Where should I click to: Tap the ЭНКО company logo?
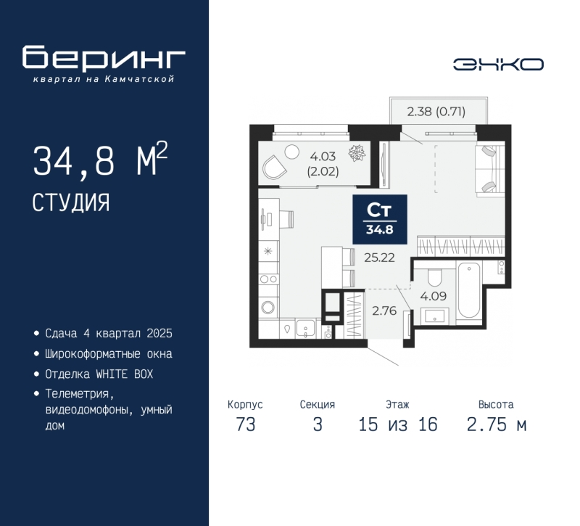(x=498, y=65)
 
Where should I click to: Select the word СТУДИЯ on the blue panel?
(x=71, y=202)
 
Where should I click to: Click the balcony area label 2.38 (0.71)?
(x=436, y=111)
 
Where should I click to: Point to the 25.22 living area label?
(x=379, y=258)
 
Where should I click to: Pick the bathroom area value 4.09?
(x=433, y=296)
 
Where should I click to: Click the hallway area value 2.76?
(x=384, y=311)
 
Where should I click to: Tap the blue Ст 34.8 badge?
(x=380, y=220)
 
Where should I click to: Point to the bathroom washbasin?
(x=435, y=316)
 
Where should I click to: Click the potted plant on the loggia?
(x=357, y=153)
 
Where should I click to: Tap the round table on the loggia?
(x=291, y=152)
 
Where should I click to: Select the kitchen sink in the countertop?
(x=305, y=328)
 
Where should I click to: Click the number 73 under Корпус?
(x=246, y=424)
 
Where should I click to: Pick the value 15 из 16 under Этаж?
(x=398, y=424)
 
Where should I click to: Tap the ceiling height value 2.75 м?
(x=497, y=424)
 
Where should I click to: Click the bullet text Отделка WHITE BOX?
(x=99, y=374)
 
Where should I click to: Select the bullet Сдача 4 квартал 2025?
(x=109, y=333)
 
